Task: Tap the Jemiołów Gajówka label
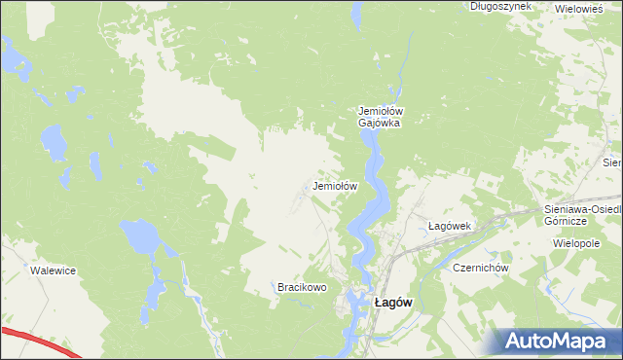[381, 117]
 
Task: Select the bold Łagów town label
[393, 302]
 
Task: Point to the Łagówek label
[450, 226]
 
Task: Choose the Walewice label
[53, 270]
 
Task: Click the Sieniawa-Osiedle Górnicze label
[582, 215]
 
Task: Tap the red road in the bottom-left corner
[39, 342]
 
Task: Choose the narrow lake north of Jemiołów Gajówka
[357, 15]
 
